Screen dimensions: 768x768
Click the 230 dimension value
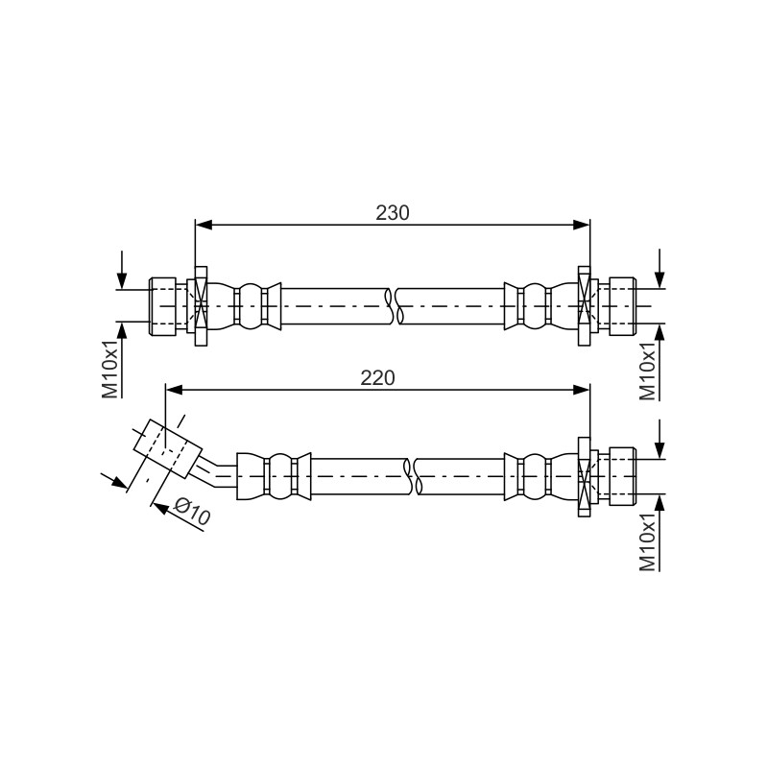point(393,213)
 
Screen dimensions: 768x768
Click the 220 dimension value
point(377,378)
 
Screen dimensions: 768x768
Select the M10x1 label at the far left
point(110,362)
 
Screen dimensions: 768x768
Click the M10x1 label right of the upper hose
point(648,365)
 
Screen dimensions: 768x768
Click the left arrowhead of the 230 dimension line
point(204,225)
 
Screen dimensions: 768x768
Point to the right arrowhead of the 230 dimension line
point(582,225)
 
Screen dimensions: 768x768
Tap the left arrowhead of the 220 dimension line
point(175,390)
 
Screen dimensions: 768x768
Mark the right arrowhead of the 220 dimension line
point(582,390)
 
